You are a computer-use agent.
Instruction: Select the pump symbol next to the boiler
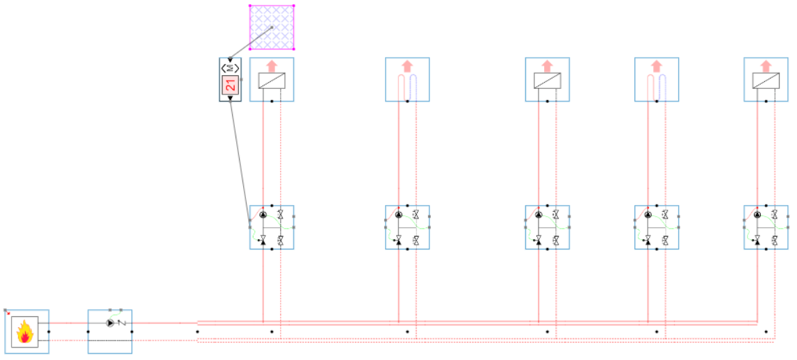[110, 323]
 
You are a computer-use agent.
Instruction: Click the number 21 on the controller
[230, 86]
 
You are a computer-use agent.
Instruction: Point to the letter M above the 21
[230, 68]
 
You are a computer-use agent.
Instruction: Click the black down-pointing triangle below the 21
[230, 98]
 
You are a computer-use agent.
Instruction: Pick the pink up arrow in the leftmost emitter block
[272, 65]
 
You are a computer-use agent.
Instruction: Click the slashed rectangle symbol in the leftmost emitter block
[272, 81]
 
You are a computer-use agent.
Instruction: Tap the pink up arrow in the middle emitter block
[548, 65]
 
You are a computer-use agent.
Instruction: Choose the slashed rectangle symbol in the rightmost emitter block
[766, 81]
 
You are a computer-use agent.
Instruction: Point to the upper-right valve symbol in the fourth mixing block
[666, 215]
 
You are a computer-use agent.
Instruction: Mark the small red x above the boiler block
[8, 313]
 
